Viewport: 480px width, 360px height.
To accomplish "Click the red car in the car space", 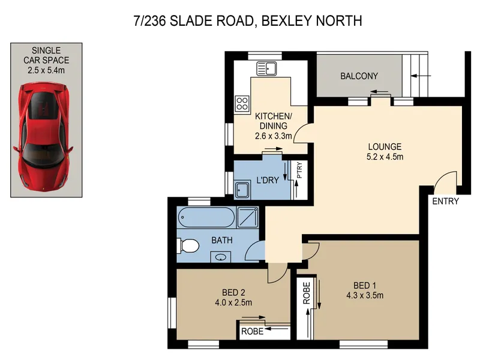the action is coord(43,137).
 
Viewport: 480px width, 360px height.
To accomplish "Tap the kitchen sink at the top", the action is coord(266,68).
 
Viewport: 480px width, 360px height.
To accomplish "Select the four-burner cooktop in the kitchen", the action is coord(242,103).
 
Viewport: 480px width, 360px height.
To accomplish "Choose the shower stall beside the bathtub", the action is coord(248,217).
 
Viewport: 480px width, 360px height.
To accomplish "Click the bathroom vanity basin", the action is coord(221,257).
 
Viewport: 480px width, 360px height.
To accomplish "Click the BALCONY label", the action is coord(359,76).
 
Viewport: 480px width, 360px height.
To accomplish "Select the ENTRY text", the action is coord(445,201).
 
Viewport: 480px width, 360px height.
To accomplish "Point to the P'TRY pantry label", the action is coord(299,170).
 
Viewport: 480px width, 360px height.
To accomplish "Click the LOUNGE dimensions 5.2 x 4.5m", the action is coord(385,157).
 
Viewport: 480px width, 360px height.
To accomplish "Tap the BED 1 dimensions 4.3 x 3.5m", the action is coord(365,295).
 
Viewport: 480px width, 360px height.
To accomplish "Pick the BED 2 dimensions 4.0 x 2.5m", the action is coord(233,302).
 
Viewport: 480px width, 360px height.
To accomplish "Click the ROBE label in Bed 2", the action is coord(252,331).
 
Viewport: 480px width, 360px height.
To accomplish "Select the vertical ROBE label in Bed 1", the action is coord(307,293).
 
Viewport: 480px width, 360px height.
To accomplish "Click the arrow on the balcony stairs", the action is coord(421,76).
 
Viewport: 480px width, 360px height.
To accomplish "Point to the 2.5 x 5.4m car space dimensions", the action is coord(46,70).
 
